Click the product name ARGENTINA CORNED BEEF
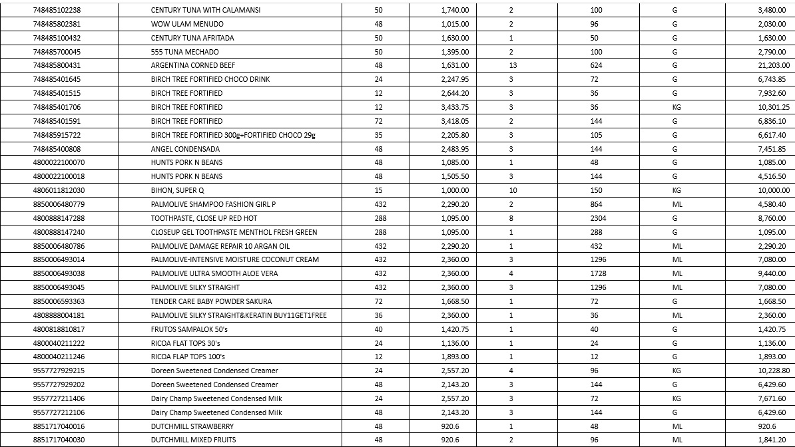[x=192, y=66]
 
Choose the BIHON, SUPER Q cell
[x=177, y=191]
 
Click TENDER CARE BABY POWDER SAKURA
[x=211, y=301]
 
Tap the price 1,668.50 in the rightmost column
[x=771, y=301]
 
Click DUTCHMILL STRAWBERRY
[x=192, y=426]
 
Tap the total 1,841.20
[x=772, y=440]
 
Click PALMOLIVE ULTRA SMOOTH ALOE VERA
[x=214, y=274]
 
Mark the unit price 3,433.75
[x=455, y=108]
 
